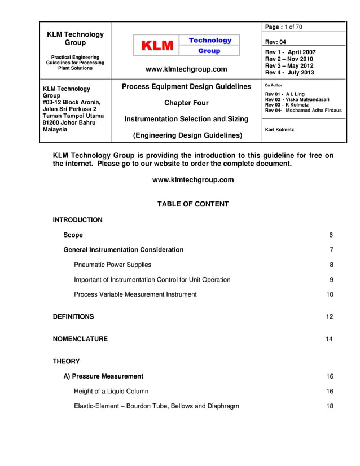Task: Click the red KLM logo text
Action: (156, 46)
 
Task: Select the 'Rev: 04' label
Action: (275, 42)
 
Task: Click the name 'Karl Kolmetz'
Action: (279, 130)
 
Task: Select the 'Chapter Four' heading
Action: (186, 103)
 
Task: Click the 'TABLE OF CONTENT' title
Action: (193, 204)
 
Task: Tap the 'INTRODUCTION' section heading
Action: (78, 220)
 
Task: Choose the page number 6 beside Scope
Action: (331, 235)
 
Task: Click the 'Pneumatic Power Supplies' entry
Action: (112, 265)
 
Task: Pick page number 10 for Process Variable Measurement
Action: (330, 294)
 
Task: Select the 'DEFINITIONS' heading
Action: (73, 317)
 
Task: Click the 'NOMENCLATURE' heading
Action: (80, 339)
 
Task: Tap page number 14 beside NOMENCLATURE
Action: (330, 339)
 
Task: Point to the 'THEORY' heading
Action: (66, 361)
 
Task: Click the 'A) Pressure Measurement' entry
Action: (103, 376)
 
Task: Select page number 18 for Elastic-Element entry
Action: (330, 406)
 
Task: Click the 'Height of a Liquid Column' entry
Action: (111, 392)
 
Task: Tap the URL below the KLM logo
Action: (186, 69)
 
